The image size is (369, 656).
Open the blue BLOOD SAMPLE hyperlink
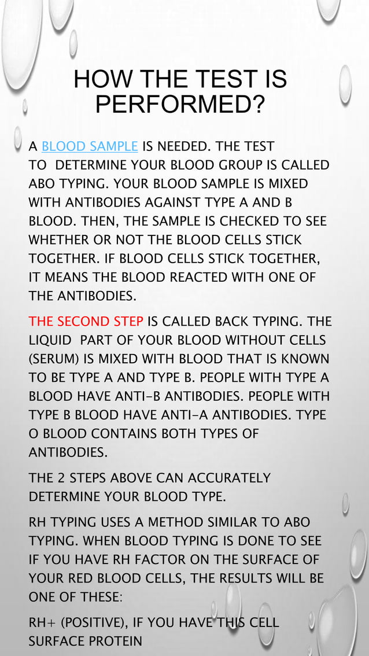point(90,146)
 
